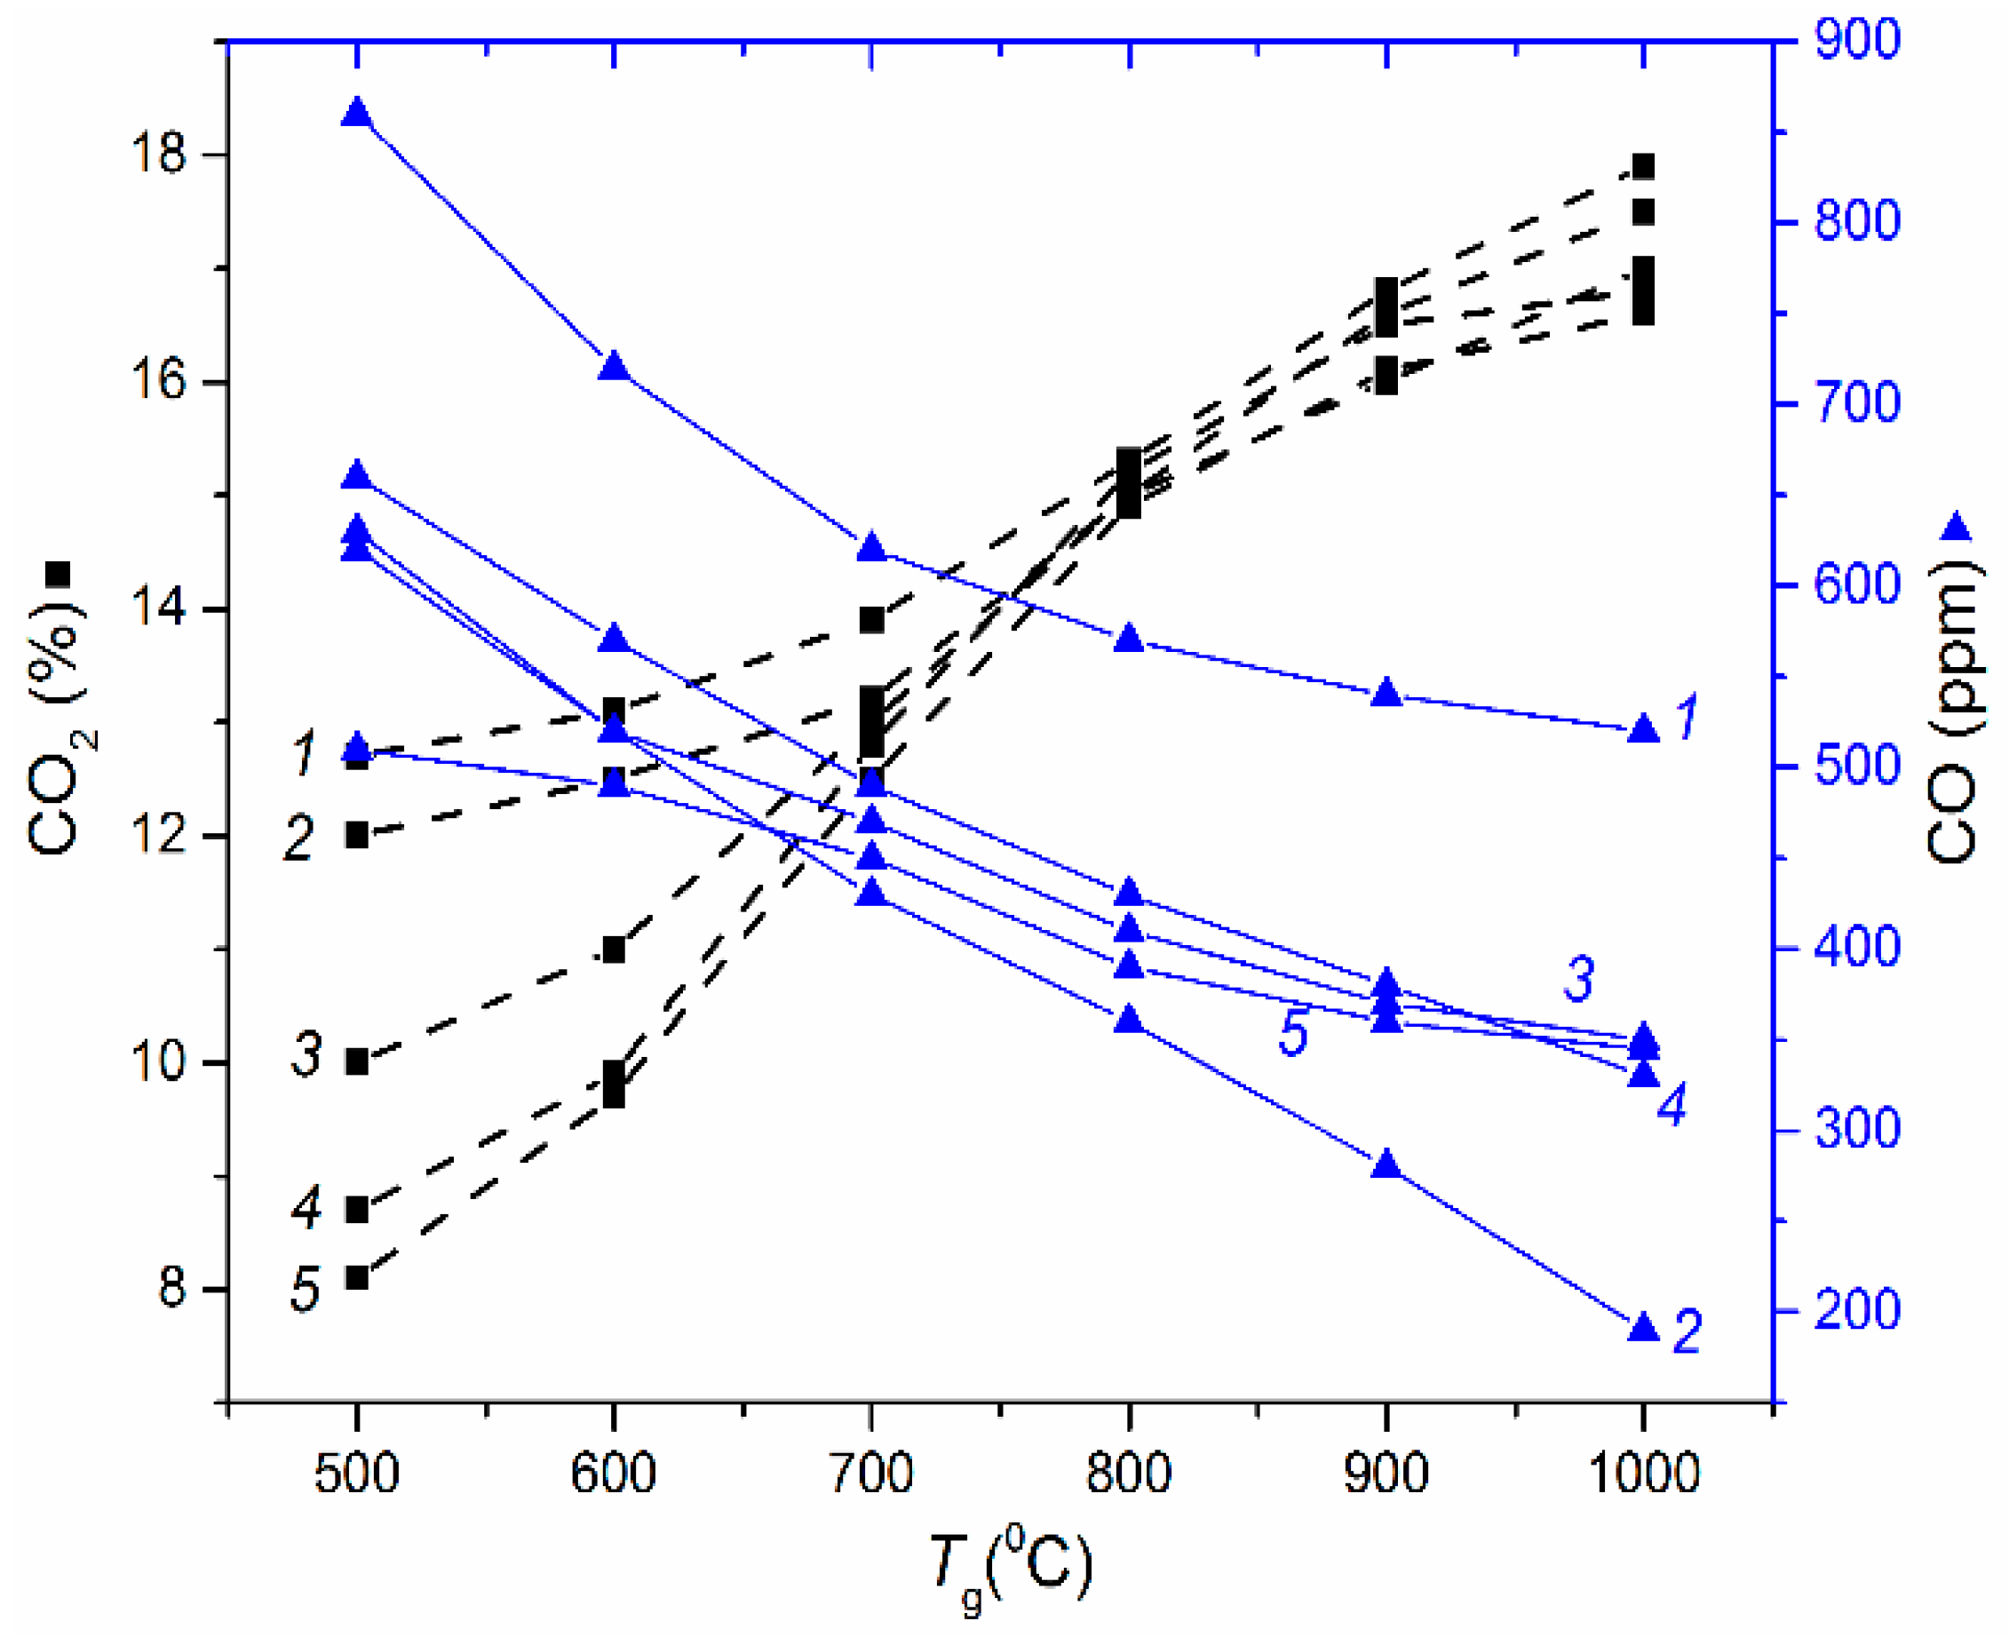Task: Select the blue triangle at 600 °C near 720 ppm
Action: click(614, 366)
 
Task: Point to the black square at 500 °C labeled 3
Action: click(356, 1061)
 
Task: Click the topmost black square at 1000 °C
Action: click(1643, 167)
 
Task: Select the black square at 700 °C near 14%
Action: click(871, 619)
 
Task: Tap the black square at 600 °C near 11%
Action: click(614, 950)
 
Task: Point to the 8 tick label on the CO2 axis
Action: click(171, 1288)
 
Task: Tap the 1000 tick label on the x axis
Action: click(1643, 1472)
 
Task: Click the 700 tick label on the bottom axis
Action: click(871, 1472)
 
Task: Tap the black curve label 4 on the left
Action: click(306, 1208)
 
